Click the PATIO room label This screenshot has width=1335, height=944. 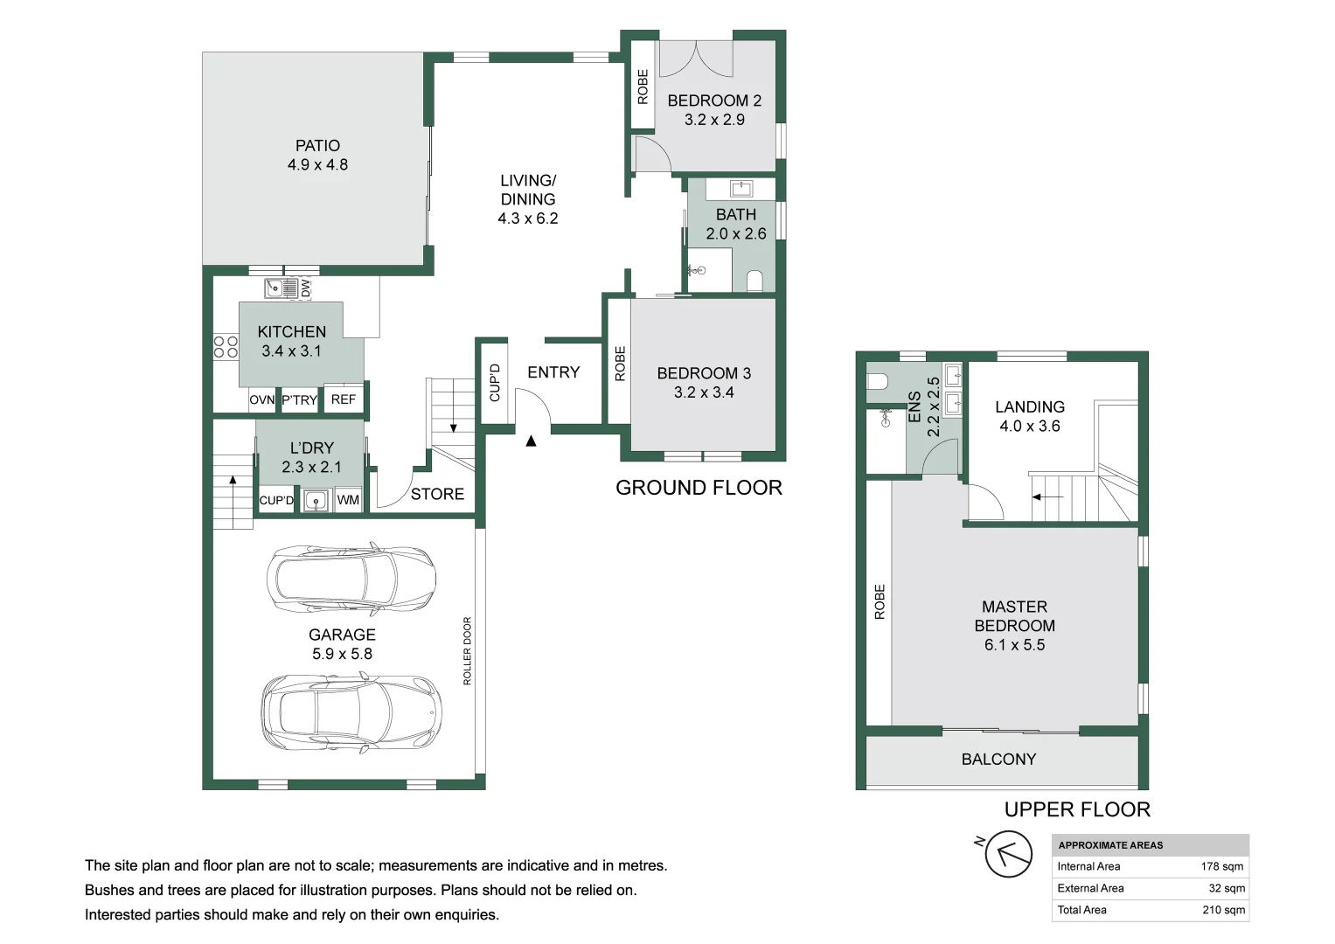pyautogui.click(x=317, y=145)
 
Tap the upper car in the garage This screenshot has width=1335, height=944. pyautogui.click(x=351, y=579)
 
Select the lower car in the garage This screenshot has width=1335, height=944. pyautogui.click(x=351, y=713)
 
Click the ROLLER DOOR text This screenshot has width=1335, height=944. pyautogui.click(x=467, y=651)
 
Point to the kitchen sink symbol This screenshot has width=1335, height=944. pyautogui.click(x=281, y=288)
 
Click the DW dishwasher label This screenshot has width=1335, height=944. pyautogui.click(x=305, y=288)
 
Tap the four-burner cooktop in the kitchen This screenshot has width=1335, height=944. pyautogui.click(x=226, y=347)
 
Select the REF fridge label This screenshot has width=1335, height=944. pyautogui.click(x=344, y=399)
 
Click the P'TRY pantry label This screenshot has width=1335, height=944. pyautogui.click(x=299, y=400)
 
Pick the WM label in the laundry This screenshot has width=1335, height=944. pyautogui.click(x=348, y=500)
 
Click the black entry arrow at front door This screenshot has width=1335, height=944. pyautogui.click(x=531, y=441)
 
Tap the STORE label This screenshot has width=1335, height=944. pyautogui.click(x=437, y=494)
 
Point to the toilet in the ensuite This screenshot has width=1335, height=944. pyautogui.click(x=877, y=381)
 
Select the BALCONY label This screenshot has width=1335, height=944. pyautogui.click(x=999, y=760)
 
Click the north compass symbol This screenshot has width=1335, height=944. pyautogui.click(x=1008, y=853)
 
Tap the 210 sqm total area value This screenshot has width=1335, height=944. pyautogui.click(x=1224, y=910)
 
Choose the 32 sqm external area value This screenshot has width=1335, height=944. pyautogui.click(x=1227, y=888)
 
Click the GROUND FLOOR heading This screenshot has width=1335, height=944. pyautogui.click(x=699, y=488)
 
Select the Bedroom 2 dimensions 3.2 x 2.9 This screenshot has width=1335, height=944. pyautogui.click(x=714, y=120)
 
